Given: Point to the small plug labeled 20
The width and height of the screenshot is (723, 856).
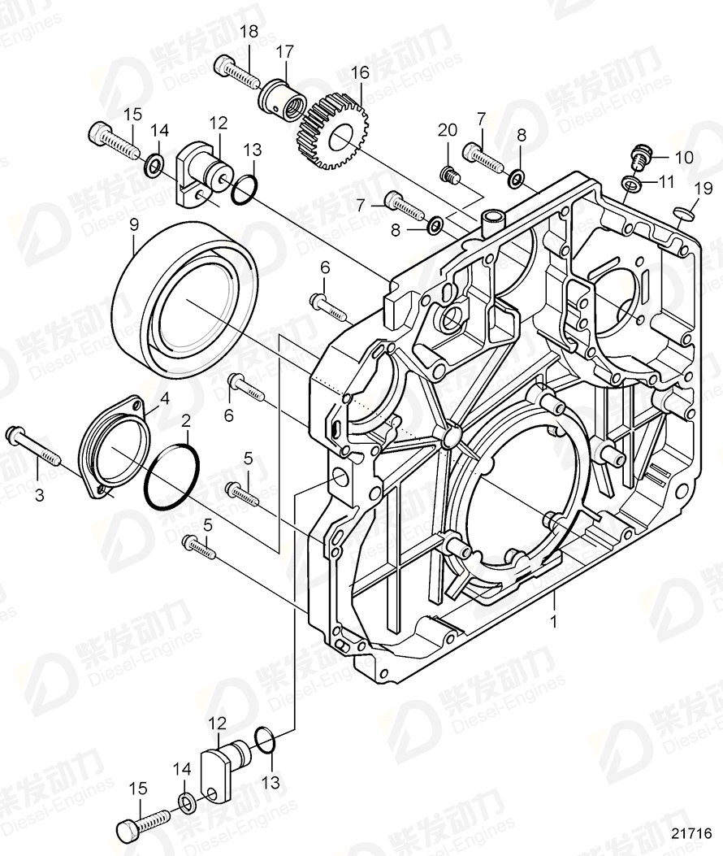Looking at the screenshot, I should (x=449, y=173).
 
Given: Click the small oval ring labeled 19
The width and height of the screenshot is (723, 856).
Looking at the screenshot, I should (x=684, y=215).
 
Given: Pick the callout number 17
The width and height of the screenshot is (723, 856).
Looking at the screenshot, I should (x=284, y=51).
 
